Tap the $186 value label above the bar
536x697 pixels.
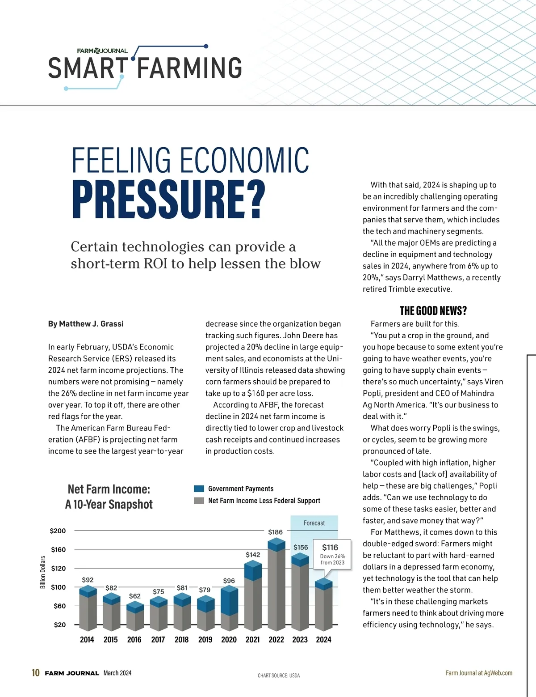click(x=275, y=532)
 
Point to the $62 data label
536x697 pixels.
click(x=135, y=596)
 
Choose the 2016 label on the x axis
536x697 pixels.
click(x=134, y=640)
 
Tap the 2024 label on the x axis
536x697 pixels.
click(x=323, y=640)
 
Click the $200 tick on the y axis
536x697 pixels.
click(x=58, y=531)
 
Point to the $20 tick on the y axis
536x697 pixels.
click(x=60, y=625)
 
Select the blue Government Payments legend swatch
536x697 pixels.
click(x=199, y=489)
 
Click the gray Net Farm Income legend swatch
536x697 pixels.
click(x=199, y=501)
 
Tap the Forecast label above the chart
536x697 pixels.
click(x=314, y=523)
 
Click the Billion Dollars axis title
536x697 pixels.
click(x=43, y=573)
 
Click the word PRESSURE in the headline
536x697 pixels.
click(x=168, y=200)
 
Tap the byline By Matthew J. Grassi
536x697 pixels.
click(x=86, y=324)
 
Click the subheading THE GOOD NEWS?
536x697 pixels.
click(x=433, y=311)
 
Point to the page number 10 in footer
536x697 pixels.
click(x=36, y=673)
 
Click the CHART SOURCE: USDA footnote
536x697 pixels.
click(x=279, y=676)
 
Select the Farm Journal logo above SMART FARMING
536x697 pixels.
click(x=102, y=51)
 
